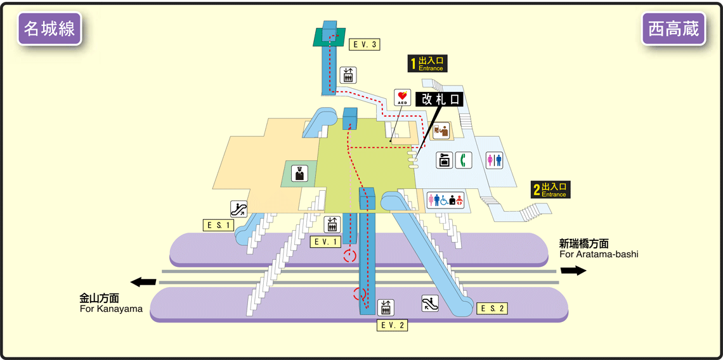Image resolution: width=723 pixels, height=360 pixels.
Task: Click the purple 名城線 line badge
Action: pyautogui.click(x=50, y=29)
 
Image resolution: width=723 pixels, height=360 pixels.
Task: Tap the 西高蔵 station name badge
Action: pyautogui.click(x=673, y=29)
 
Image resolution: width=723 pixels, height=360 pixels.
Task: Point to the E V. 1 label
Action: pyautogui.click(x=326, y=241)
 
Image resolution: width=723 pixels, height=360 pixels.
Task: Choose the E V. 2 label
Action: pyautogui.click(x=392, y=325)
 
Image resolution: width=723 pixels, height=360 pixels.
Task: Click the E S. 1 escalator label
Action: pyautogui.click(x=219, y=225)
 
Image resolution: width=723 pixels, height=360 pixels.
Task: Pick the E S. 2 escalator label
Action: pyautogui.click(x=492, y=309)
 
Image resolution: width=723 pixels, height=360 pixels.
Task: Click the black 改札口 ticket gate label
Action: pyautogui.click(x=439, y=100)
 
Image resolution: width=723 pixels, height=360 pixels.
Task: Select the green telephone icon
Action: pyautogui.click(x=464, y=160)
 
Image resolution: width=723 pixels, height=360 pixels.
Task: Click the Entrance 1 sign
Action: pyautogui.click(x=426, y=63)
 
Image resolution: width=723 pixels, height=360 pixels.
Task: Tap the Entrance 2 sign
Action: pyautogui.click(x=550, y=190)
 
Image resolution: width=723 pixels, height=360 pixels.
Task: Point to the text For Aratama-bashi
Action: pyautogui.click(x=598, y=254)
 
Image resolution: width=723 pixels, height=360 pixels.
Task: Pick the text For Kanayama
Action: pyautogui.click(x=111, y=309)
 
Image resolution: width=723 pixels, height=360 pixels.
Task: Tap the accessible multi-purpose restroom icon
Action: pyautogui.click(x=446, y=200)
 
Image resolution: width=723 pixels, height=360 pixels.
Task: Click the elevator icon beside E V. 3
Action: pyautogui.click(x=348, y=75)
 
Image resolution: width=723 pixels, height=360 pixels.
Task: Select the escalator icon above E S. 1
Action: pyautogui.click(x=238, y=209)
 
